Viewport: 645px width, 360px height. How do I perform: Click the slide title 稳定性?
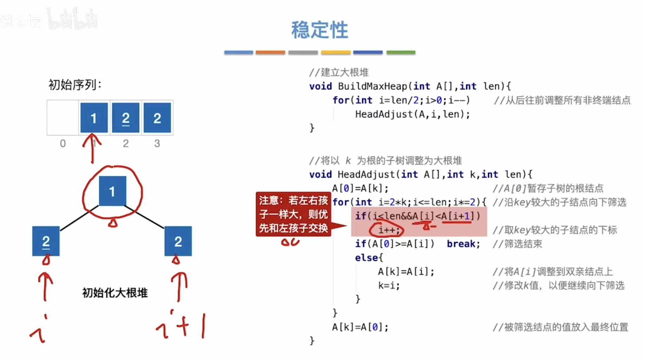pos(319,30)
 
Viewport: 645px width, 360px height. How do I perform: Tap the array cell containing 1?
pos(94,118)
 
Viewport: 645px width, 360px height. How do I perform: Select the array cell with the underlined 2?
pos(125,118)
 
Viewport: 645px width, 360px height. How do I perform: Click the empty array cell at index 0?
pos(63,118)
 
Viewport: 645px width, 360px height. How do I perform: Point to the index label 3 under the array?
pos(157,143)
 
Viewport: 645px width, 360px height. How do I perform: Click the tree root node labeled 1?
pos(112,191)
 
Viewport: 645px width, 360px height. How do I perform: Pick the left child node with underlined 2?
pos(46,241)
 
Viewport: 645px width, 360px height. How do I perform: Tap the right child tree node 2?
pos(178,241)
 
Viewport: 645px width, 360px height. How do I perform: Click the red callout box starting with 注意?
pos(293,214)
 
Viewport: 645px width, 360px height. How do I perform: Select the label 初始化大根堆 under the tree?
pos(115,292)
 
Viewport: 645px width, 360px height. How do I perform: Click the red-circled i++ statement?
pos(388,230)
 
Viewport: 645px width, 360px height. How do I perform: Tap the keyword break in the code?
pos(463,244)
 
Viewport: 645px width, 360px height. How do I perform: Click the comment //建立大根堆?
pos(339,72)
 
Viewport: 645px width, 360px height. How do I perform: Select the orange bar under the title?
pos(270,52)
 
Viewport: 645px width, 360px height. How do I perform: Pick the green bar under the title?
pos(400,52)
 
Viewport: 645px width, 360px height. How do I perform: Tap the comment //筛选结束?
pos(517,244)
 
